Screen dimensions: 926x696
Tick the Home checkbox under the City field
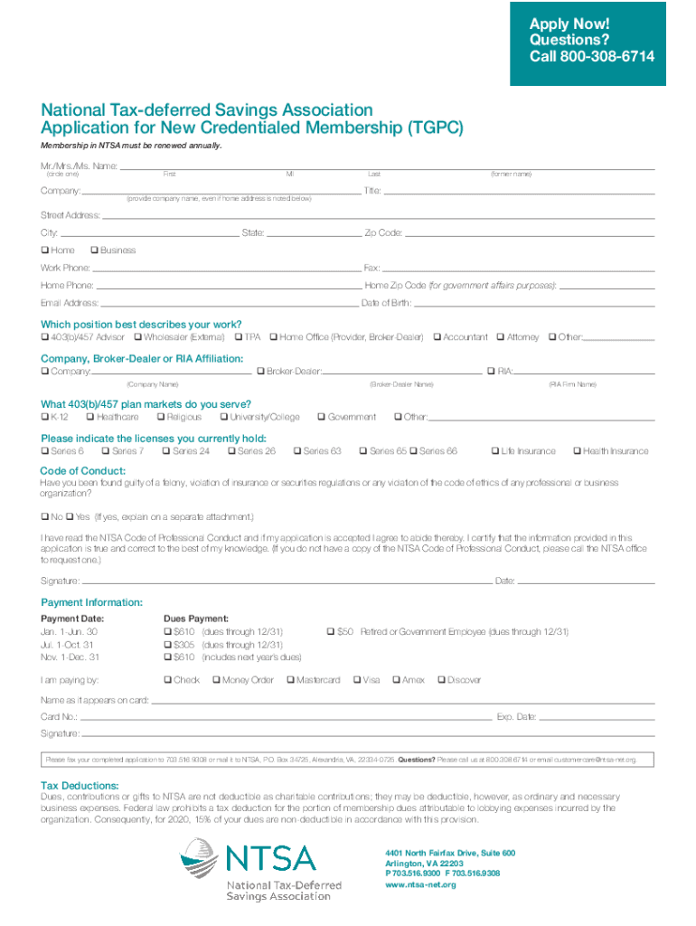click(x=45, y=250)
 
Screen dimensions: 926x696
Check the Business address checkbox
click(x=95, y=250)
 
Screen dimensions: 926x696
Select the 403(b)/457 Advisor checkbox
click(x=45, y=337)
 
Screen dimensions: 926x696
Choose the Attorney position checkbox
click(x=501, y=337)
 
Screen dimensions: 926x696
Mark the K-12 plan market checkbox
click(x=45, y=417)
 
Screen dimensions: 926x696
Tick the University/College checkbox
click(x=223, y=417)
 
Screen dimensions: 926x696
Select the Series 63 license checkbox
click(x=297, y=450)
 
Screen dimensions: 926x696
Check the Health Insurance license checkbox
click(x=577, y=450)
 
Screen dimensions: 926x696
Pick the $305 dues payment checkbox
click(x=167, y=645)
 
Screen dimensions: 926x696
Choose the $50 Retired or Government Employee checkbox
click(x=331, y=631)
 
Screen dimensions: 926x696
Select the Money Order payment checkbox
click(x=216, y=679)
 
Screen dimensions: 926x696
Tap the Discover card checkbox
click(x=441, y=679)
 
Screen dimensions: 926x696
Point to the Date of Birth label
click(x=387, y=303)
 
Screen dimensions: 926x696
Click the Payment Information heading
click(x=92, y=602)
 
